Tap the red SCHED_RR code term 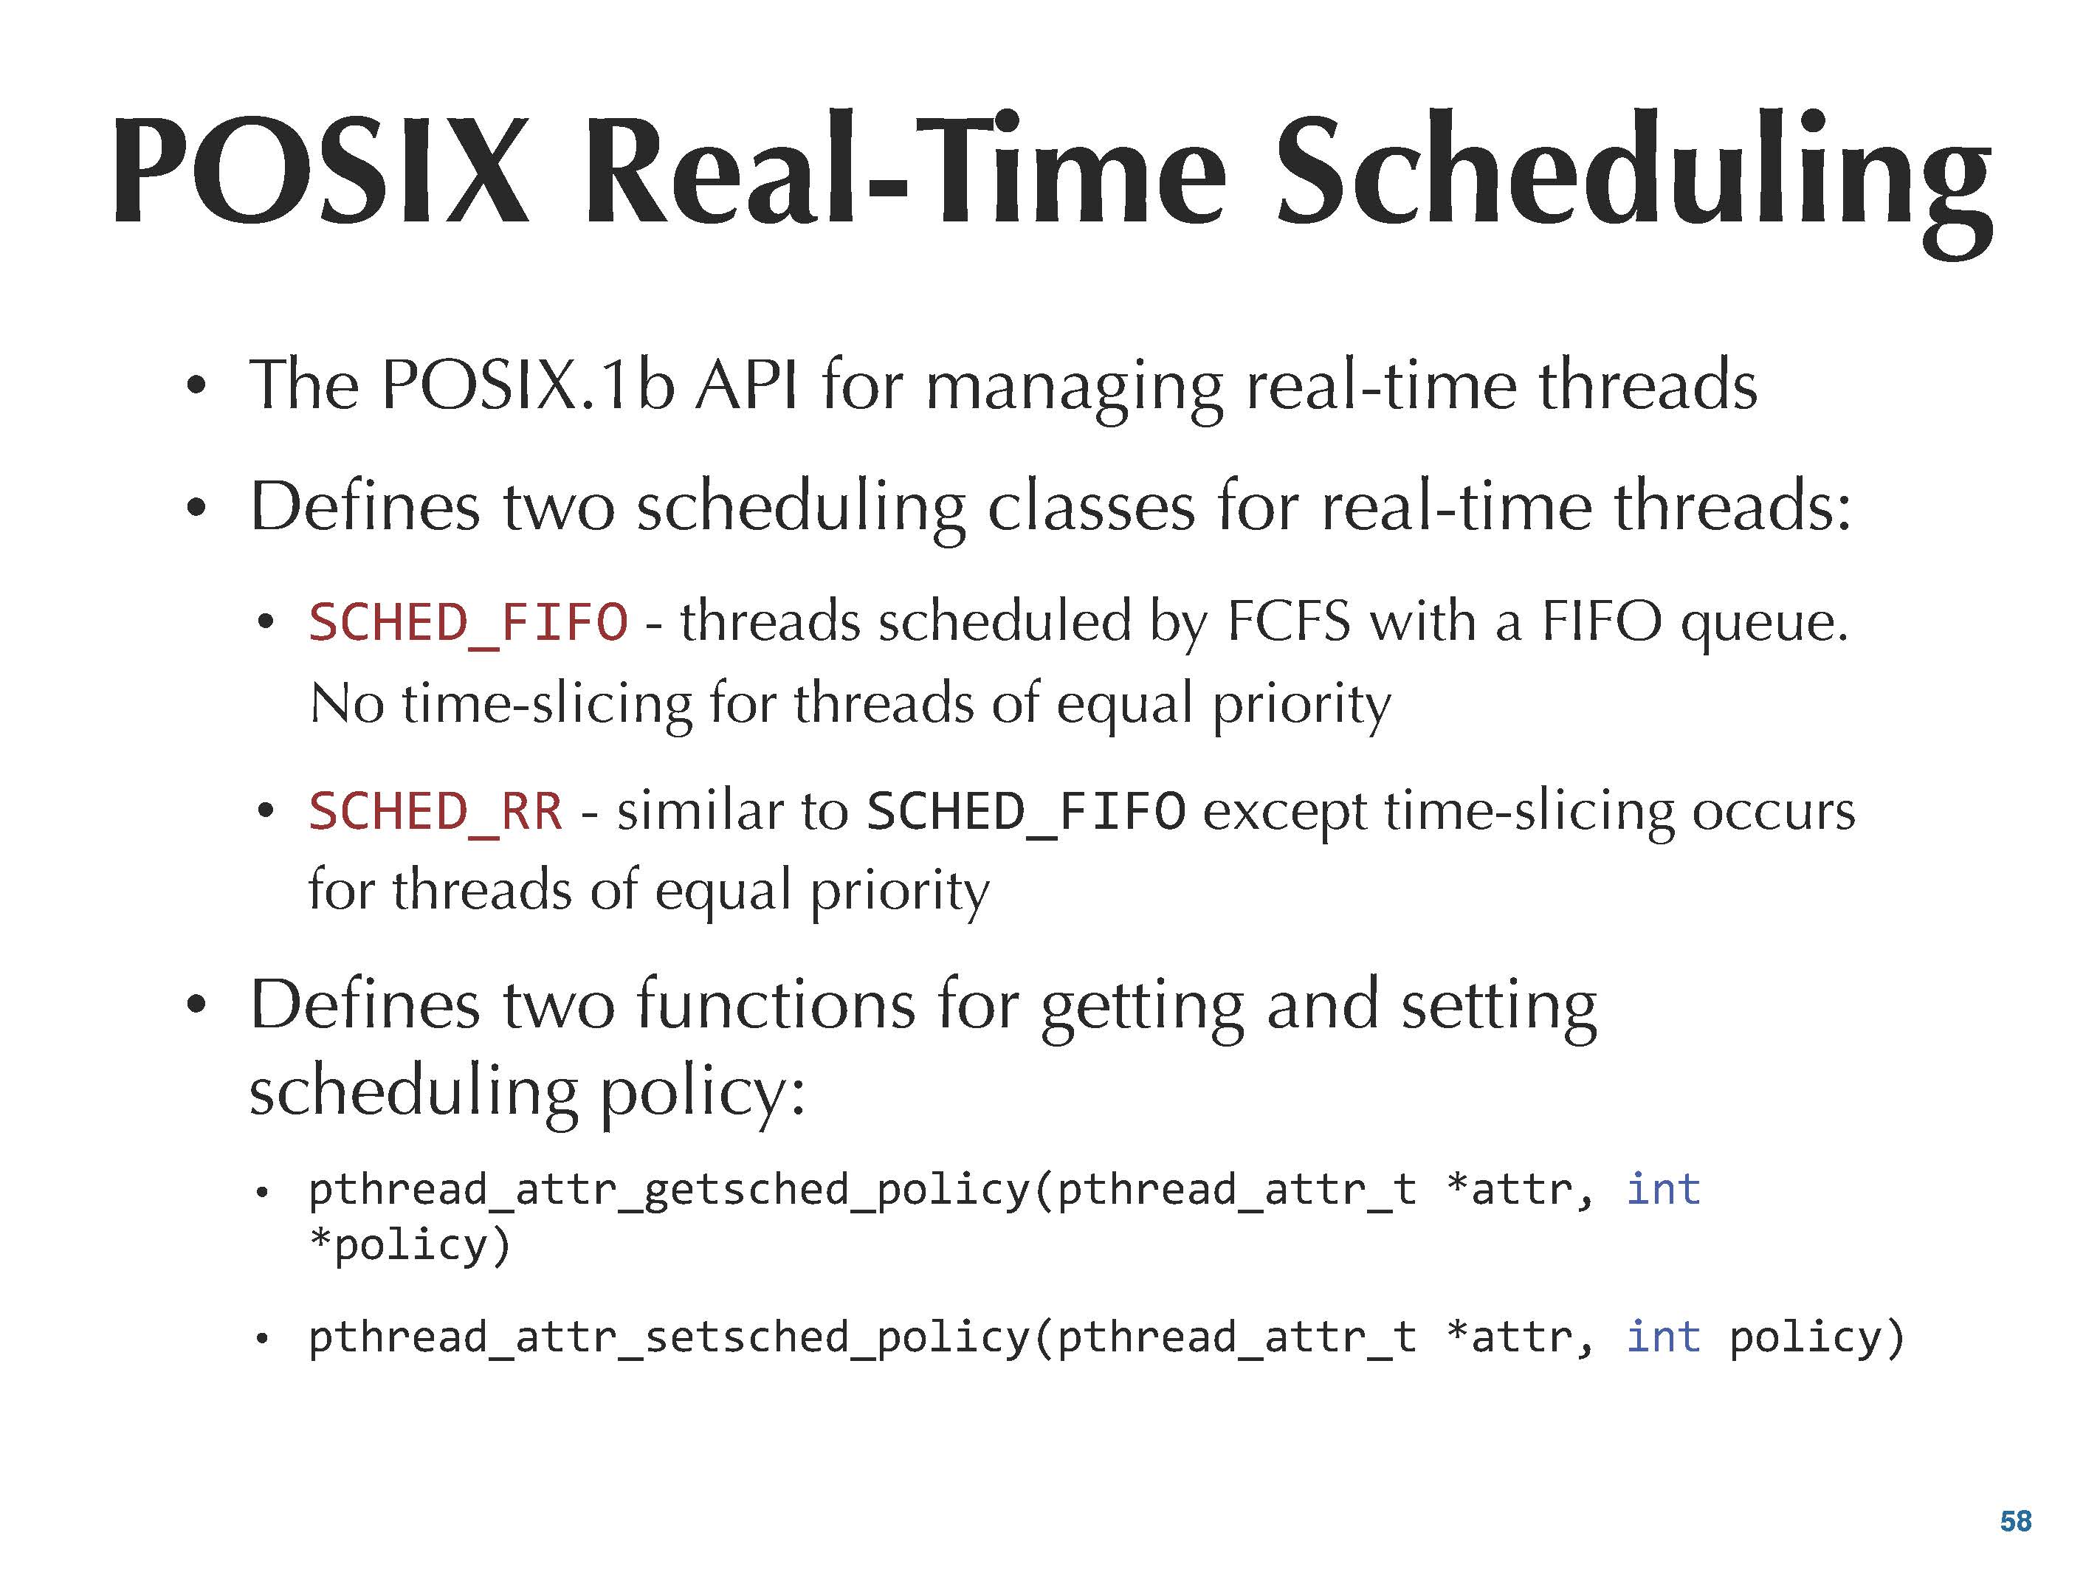pyautogui.click(x=436, y=813)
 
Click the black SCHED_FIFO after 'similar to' pyautogui.click(x=1026, y=813)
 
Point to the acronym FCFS pyautogui.click(x=1288, y=622)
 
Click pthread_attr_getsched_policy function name pyautogui.click(x=669, y=1190)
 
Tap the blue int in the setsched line pyautogui.click(x=1663, y=1337)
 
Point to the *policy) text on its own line pyautogui.click(x=410, y=1244)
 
